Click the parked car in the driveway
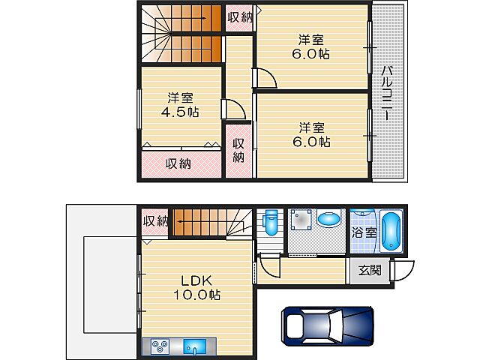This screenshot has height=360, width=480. (327, 326)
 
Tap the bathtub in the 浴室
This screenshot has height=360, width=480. (391, 232)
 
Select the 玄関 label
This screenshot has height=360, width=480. (369, 271)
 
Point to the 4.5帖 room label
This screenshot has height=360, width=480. (180, 105)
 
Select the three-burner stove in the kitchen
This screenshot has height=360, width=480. (160, 347)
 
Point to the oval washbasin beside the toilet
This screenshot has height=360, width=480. (328, 220)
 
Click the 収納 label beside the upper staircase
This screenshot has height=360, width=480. (240, 17)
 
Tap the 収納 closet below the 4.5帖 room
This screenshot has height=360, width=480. (178, 163)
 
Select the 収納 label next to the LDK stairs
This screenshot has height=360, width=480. (156, 220)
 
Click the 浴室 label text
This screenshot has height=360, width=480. (364, 233)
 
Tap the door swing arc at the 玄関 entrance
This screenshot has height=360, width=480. (406, 271)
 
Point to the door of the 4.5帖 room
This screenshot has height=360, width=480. (234, 110)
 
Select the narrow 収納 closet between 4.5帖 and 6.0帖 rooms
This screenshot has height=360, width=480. (238, 151)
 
